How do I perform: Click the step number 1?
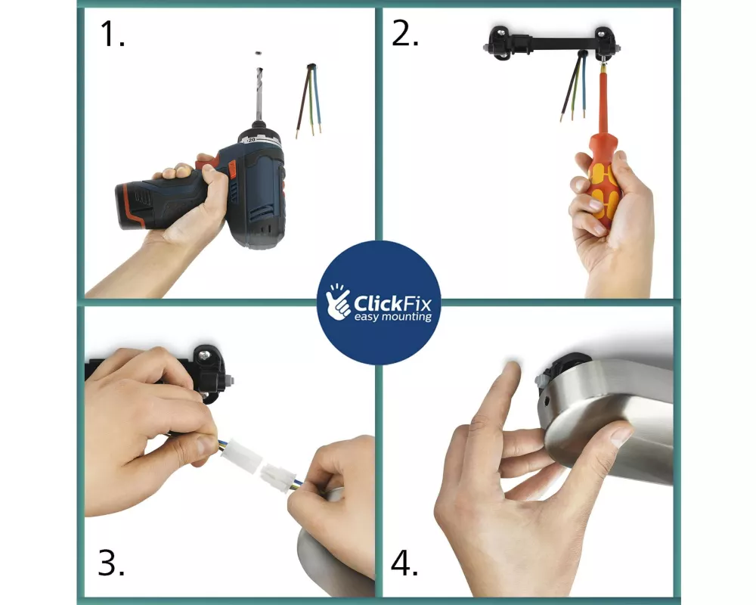(113, 34)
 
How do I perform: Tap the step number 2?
(405, 34)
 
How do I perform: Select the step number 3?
(111, 563)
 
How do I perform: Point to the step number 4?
(404, 563)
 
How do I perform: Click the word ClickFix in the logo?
(392, 303)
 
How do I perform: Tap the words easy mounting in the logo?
(393, 317)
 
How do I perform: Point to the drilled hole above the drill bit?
(259, 52)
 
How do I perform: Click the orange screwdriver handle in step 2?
(602, 178)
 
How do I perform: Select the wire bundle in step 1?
(308, 101)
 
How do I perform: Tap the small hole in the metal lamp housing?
(547, 399)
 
